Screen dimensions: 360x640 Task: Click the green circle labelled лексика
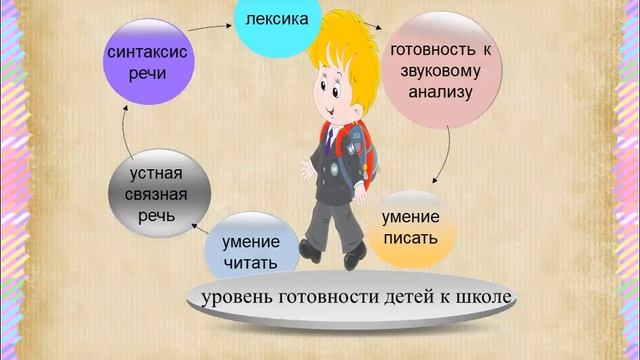coord(277,19)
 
